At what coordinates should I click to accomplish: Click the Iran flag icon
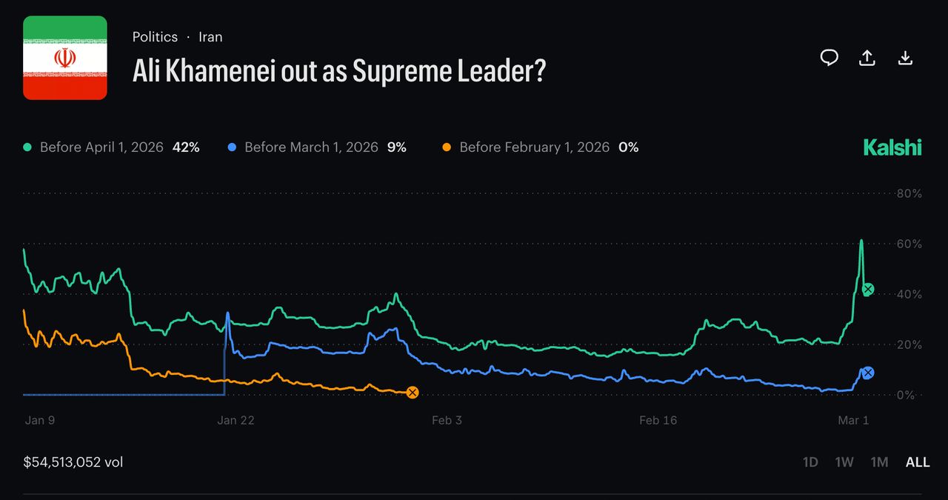tap(65, 58)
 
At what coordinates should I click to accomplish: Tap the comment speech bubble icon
tap(829, 58)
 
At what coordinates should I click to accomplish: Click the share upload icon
tap(867, 58)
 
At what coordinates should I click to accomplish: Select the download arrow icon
tap(905, 58)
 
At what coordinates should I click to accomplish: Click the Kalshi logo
tap(892, 147)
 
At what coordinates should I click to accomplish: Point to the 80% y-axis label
tap(909, 193)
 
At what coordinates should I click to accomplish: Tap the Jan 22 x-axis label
tap(236, 420)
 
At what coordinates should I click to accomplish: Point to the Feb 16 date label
tap(658, 420)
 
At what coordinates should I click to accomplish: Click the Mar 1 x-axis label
tap(853, 420)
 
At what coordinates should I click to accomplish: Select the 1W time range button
tap(844, 462)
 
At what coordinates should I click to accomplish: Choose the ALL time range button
tap(917, 462)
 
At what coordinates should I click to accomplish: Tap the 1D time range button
tap(810, 462)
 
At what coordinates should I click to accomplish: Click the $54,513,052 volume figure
tap(73, 462)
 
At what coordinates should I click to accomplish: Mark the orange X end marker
tap(413, 393)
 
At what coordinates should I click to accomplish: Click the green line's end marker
tap(868, 290)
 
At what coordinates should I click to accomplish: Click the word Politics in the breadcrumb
tap(155, 36)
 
